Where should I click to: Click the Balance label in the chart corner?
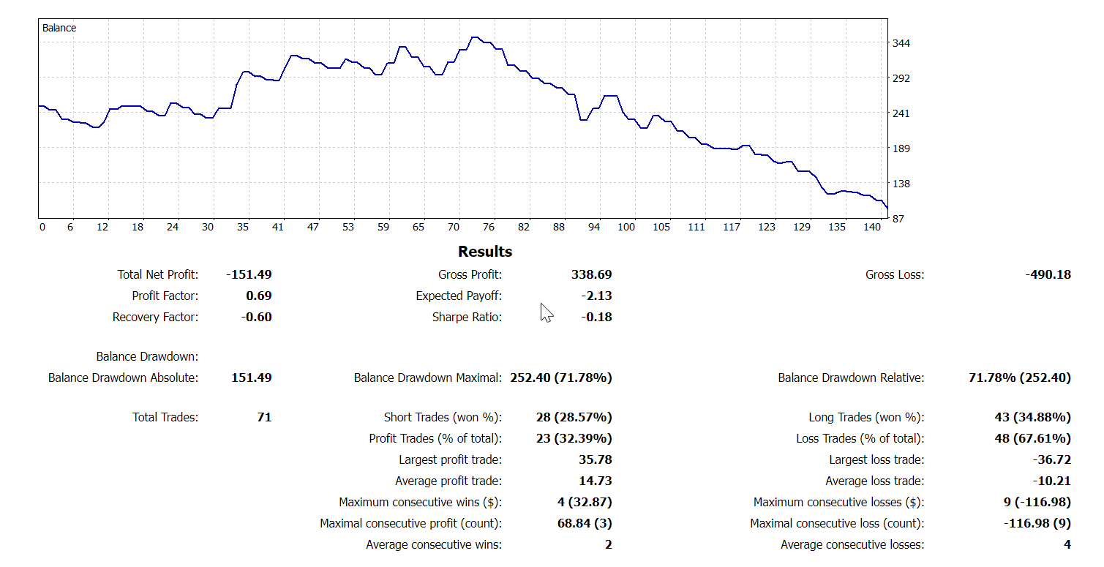59,28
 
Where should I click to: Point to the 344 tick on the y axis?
901,43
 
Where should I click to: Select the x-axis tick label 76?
488,228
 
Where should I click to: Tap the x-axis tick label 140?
872,228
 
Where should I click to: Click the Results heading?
485,252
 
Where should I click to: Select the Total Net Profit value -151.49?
249,275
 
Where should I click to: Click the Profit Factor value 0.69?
258,296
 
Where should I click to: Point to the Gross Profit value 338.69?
591,275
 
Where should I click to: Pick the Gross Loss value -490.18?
1048,275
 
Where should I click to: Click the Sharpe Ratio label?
467,318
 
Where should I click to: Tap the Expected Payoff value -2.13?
596,296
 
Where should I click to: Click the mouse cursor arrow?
546,312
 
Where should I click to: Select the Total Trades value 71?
264,418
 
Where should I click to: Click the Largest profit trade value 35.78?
596,460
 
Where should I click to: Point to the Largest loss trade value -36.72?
1051,460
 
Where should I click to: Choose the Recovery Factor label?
155,318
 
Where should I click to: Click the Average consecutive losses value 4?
1067,545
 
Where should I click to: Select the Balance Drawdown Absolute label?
123,378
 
